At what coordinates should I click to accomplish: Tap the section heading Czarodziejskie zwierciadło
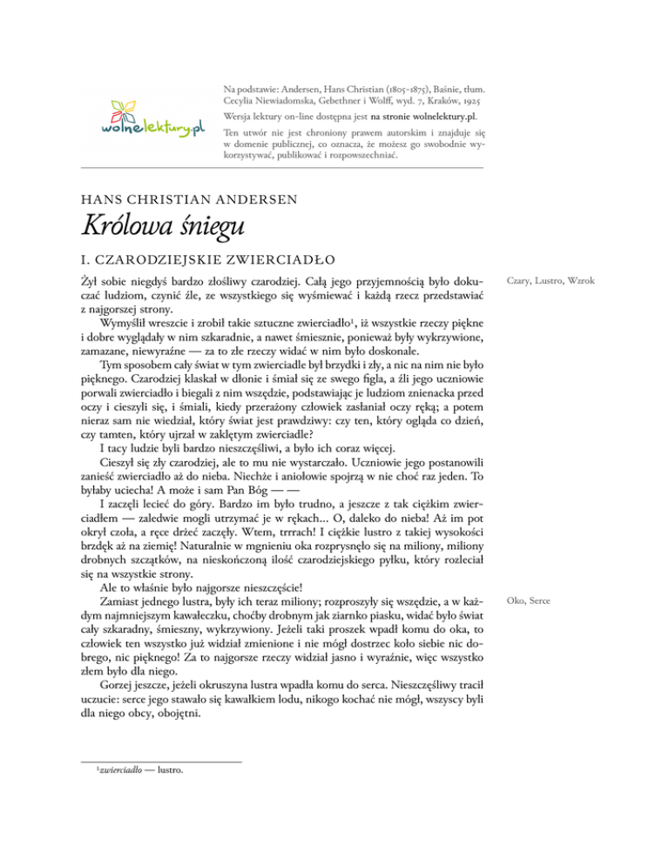[208, 259]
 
